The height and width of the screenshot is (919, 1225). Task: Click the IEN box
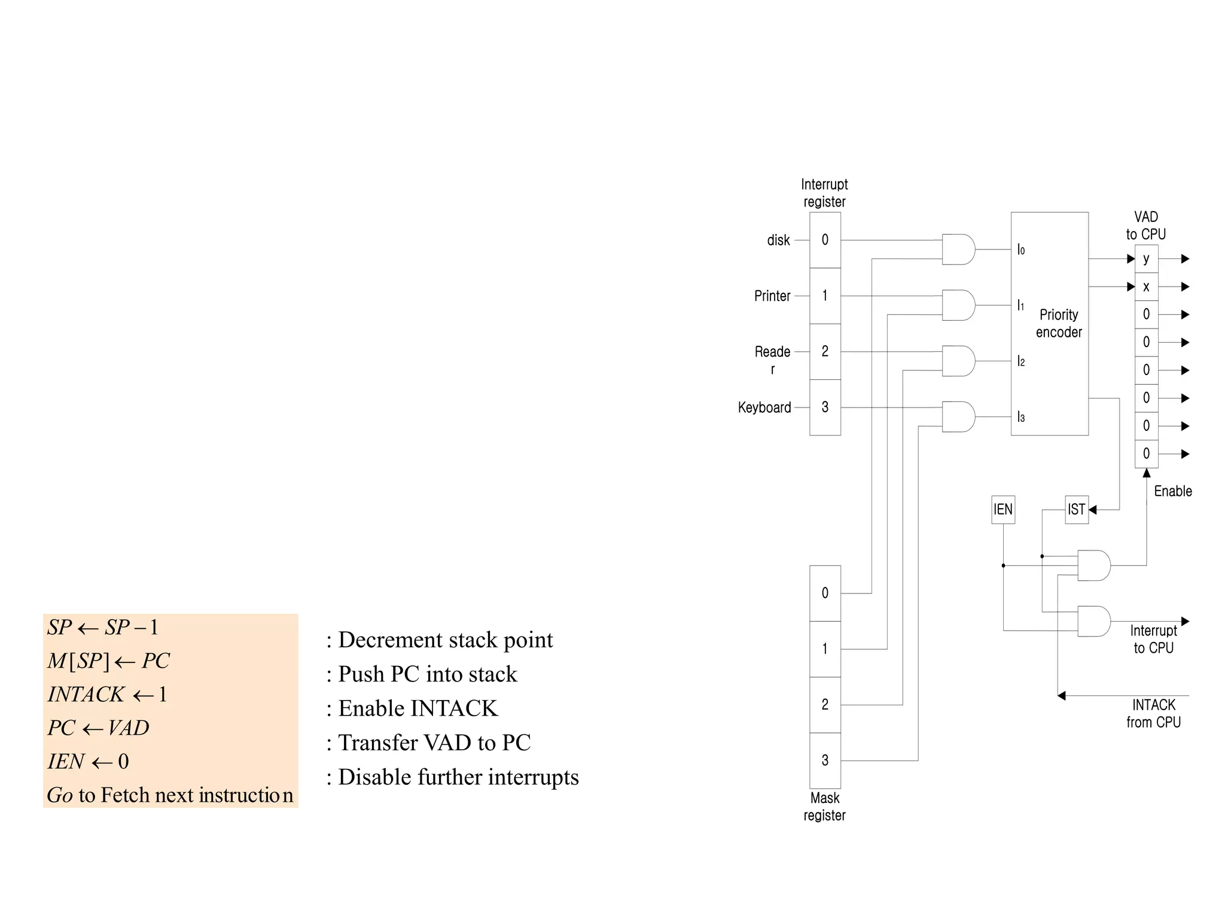pyautogui.click(x=1002, y=509)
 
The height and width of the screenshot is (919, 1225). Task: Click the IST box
pyautogui.click(x=1076, y=509)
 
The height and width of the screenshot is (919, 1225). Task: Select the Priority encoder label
pyautogui.click(x=1058, y=323)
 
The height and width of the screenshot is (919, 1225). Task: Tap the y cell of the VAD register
pyautogui.click(x=1146, y=258)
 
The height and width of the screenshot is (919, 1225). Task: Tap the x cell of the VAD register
pyautogui.click(x=1146, y=287)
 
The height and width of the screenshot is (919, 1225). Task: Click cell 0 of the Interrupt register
pyautogui.click(x=825, y=240)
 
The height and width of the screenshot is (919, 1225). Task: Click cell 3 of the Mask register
pyautogui.click(x=825, y=760)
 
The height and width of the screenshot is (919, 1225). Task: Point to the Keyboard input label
pyautogui.click(x=764, y=407)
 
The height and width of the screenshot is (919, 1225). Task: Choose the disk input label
pyautogui.click(x=778, y=240)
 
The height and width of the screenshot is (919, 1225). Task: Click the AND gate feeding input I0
pyautogui.click(x=958, y=249)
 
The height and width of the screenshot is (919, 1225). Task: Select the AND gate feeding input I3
pyautogui.click(x=958, y=416)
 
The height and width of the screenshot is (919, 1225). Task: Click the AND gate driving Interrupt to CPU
pyautogui.click(x=1093, y=621)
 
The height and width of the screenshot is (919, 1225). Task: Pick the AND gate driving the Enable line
pyautogui.click(x=1093, y=565)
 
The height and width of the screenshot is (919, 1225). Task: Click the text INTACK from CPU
pyautogui.click(x=1153, y=713)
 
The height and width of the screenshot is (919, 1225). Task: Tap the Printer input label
pyautogui.click(x=772, y=296)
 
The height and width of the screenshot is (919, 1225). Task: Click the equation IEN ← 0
pyautogui.click(x=89, y=761)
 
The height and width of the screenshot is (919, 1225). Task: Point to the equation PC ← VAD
pyautogui.click(x=99, y=728)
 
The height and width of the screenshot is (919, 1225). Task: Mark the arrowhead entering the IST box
pyautogui.click(x=1093, y=510)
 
